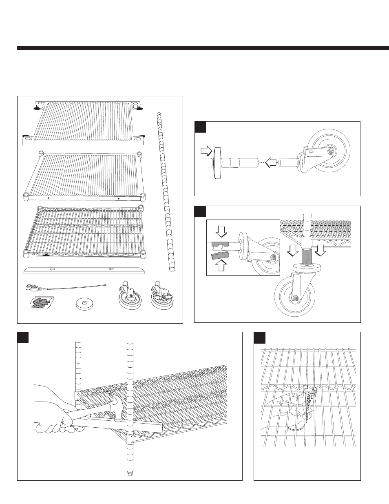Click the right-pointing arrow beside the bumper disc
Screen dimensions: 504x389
(206, 152)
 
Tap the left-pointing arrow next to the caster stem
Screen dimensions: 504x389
(270, 163)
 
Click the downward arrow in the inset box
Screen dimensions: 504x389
(221, 231)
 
